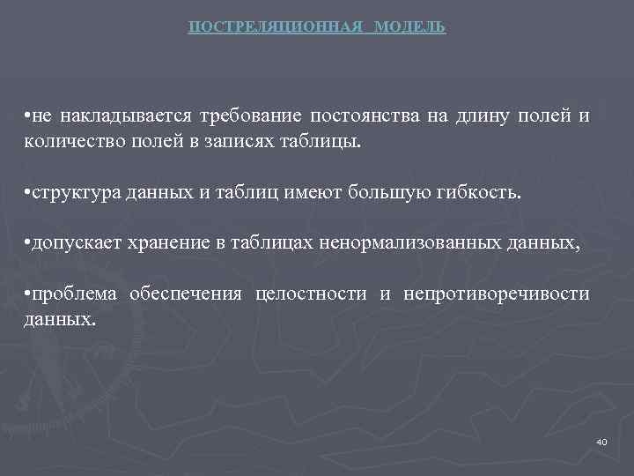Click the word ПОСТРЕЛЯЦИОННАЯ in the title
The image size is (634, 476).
[276, 27]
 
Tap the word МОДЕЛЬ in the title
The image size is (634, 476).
[409, 27]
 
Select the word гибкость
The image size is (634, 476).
[481, 193]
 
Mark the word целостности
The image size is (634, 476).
[311, 294]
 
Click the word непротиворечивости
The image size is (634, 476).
[497, 294]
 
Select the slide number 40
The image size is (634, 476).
[601, 440]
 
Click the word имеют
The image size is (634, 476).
[307, 193]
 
